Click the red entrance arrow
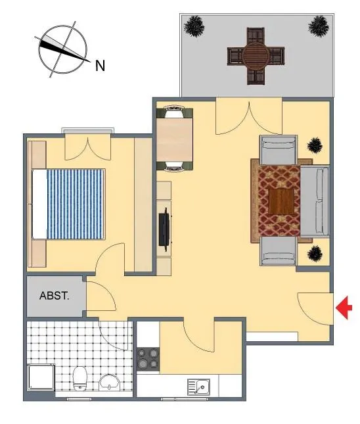[344, 308]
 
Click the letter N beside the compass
[100, 66]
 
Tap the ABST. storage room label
[55, 296]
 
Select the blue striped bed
[68, 204]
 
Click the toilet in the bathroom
[80, 378]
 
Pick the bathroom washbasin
[110, 383]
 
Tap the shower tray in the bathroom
[41, 377]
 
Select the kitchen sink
[198, 387]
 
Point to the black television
[165, 229]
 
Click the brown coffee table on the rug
[281, 202]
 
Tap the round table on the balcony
[256, 56]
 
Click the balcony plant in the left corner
[194, 26]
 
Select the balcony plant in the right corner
[319, 26]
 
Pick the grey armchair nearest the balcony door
[279, 149]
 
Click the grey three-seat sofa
[315, 201]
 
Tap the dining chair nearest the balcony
[175, 112]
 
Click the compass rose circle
[62, 49]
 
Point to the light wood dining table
[175, 140]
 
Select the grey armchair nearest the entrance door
[279, 251]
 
